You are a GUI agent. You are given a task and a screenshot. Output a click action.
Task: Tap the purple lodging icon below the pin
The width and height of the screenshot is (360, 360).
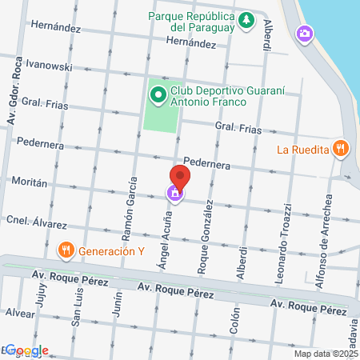coord(174,194)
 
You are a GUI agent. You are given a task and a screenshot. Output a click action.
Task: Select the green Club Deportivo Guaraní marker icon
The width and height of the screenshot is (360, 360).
coord(157,97)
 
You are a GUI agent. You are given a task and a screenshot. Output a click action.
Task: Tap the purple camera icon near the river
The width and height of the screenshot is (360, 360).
coord(304,34)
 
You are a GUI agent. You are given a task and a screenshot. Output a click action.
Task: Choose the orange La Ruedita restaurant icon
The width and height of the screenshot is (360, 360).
coord(341,147)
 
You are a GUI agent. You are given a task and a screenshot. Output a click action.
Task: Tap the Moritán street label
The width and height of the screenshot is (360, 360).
coord(30,182)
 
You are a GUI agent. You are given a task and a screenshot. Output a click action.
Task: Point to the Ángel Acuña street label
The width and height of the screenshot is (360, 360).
coord(166,238)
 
